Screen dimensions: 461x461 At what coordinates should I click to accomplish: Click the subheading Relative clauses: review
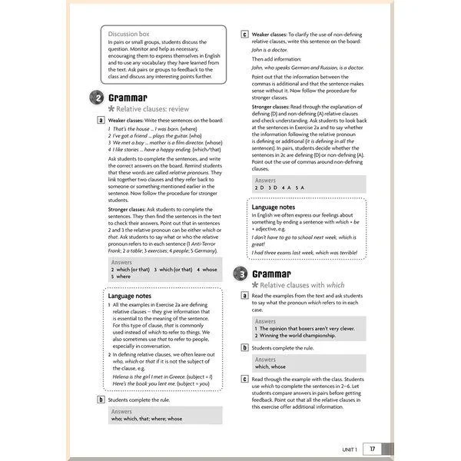click(x=158, y=109)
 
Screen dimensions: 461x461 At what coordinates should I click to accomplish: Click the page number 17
click(x=373, y=449)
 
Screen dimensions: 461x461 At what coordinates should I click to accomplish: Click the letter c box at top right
click(x=245, y=35)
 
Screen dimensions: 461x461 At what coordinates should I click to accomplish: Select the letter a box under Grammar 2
click(x=101, y=121)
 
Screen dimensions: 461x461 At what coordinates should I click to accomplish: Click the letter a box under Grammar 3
click(x=245, y=296)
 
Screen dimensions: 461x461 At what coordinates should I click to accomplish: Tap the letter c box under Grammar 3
click(x=245, y=380)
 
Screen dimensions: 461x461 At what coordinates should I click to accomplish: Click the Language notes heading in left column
click(x=129, y=295)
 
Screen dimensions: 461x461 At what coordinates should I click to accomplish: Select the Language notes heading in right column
click(x=274, y=207)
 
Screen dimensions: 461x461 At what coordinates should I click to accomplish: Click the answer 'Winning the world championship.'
click(x=300, y=336)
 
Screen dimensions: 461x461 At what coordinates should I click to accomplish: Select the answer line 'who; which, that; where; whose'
click(x=147, y=419)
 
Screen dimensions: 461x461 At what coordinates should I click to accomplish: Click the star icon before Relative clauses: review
click(x=113, y=109)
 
